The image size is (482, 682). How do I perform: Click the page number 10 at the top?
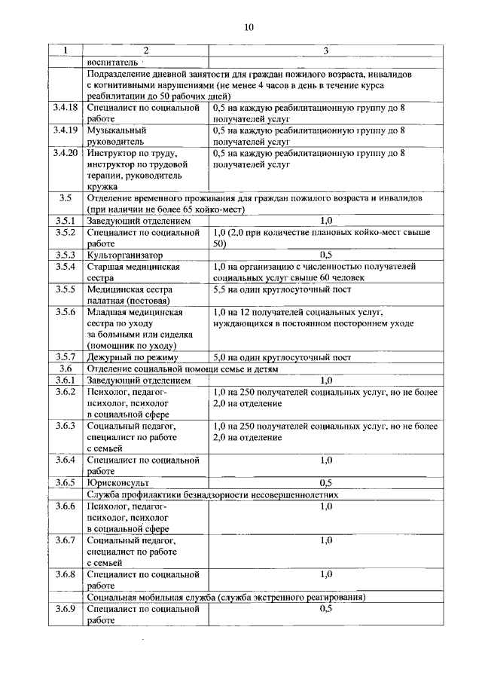tap(249, 27)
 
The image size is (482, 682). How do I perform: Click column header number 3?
tap(325, 50)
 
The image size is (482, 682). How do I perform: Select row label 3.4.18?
tap(66, 108)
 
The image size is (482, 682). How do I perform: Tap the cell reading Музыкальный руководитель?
tap(117, 135)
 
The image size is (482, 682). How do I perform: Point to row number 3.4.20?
tap(66, 152)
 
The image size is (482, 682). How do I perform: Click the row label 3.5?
tap(65, 197)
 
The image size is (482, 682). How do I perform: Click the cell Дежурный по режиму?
tap(132, 357)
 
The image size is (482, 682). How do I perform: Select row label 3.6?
tap(65, 369)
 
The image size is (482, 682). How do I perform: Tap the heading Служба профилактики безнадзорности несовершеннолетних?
tap(212, 494)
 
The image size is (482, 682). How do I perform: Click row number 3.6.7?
tap(66, 540)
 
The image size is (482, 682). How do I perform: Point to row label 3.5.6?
tap(66, 311)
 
